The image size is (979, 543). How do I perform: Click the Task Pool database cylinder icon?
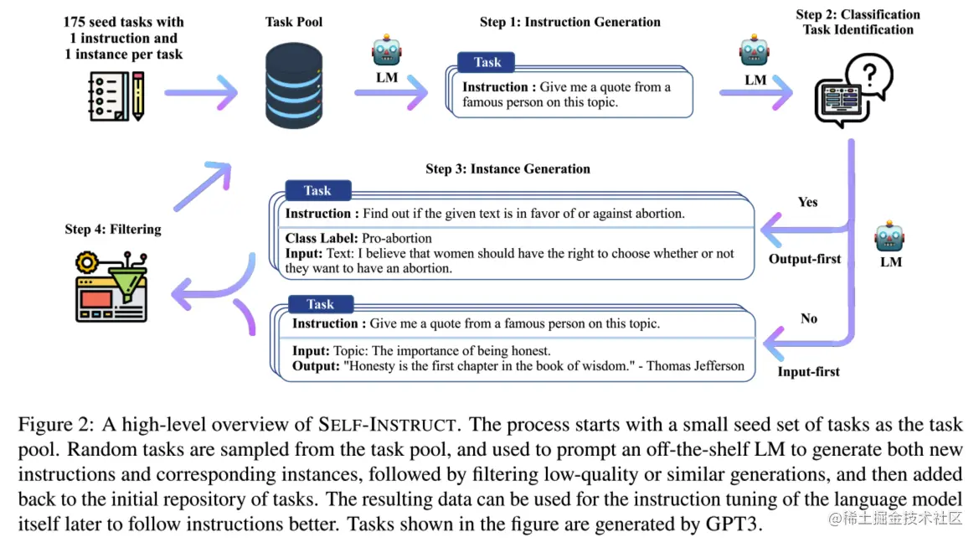(x=294, y=87)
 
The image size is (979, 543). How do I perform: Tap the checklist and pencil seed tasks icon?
(x=116, y=95)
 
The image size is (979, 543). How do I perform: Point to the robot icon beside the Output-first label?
(x=889, y=238)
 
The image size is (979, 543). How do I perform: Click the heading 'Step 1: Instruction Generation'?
(x=569, y=23)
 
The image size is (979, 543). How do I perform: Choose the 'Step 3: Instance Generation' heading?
(x=508, y=168)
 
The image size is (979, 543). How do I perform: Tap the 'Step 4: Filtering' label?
(x=112, y=229)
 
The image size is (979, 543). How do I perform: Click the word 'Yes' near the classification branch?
(x=807, y=202)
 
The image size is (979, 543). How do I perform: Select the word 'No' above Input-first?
(x=808, y=318)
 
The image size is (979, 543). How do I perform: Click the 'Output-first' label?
(x=805, y=259)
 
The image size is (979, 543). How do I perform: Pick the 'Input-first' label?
(x=808, y=371)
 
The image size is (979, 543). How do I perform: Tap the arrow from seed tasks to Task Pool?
(x=201, y=92)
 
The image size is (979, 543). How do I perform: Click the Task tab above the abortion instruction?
(x=317, y=191)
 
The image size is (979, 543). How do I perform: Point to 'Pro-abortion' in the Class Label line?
(x=397, y=238)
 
